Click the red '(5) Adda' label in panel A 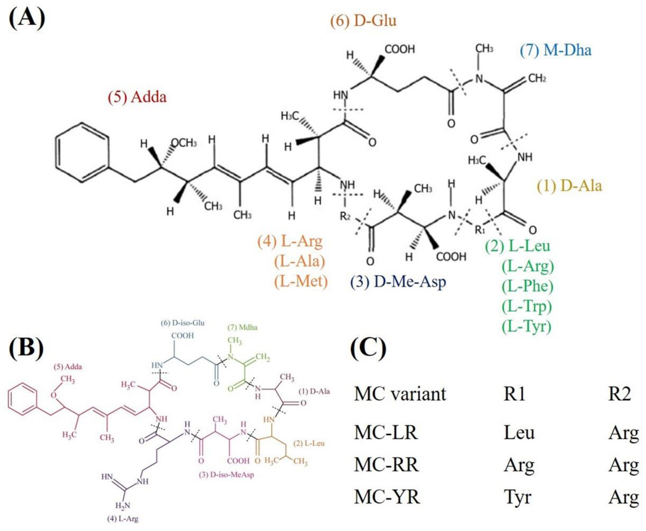click(x=137, y=97)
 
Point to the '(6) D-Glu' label click(x=363, y=21)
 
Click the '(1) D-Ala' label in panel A click(x=570, y=186)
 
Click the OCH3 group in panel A click(x=184, y=143)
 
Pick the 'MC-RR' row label click(x=386, y=465)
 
